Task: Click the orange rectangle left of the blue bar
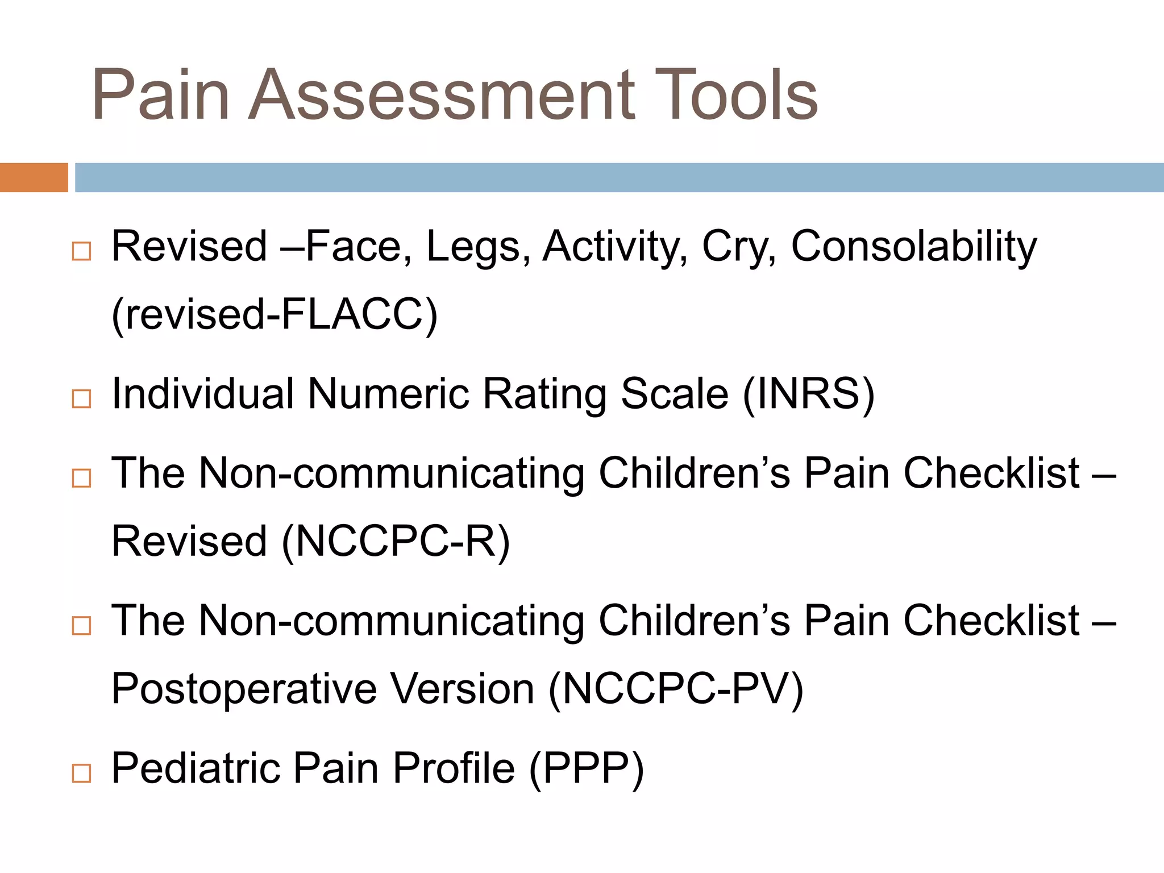pos(34,177)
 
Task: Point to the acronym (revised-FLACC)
pos(275,315)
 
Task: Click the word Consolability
pos(914,247)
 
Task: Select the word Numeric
pos(388,394)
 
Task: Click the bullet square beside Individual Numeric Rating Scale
pos(81,399)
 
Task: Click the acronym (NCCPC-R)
pos(396,541)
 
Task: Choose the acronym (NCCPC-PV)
pos(676,689)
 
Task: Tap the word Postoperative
pos(244,689)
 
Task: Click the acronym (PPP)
pos(586,768)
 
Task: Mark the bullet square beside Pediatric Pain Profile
pos(81,774)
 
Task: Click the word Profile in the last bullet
pos(454,768)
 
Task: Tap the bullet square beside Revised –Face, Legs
pos(81,251)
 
